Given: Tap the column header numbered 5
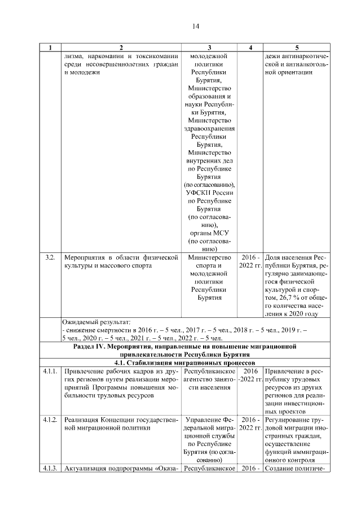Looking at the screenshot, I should tap(297, 47).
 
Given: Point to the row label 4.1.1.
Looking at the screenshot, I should tap(50, 372).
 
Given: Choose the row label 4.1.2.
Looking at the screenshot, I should tap(50, 420).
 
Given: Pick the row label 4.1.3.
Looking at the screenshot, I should tap(50, 468).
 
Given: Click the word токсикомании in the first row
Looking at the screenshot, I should tap(152, 56).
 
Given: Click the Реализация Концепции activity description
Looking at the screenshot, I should tap(121, 424).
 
